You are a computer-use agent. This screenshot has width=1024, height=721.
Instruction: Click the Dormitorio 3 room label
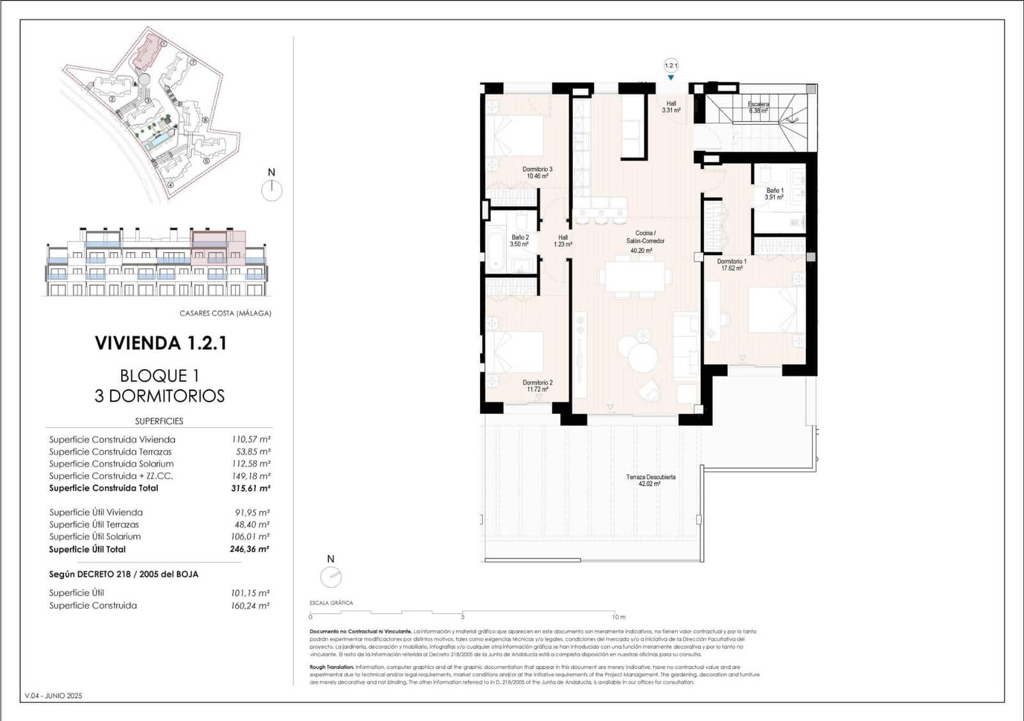[537, 172]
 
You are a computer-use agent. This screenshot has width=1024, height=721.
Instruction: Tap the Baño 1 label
[774, 194]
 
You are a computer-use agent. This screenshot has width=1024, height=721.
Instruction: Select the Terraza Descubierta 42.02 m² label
[650, 480]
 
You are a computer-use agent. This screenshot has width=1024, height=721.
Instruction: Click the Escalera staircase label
[758, 107]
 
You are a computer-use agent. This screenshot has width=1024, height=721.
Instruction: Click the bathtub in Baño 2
[497, 250]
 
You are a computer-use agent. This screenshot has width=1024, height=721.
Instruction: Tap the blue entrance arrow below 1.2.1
[671, 78]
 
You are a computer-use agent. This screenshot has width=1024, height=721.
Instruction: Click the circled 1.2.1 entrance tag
[671, 65]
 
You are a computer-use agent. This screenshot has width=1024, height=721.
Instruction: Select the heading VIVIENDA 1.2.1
[161, 343]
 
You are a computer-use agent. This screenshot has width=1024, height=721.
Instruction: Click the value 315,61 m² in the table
[250, 488]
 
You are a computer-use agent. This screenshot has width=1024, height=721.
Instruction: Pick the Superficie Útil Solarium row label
[95, 537]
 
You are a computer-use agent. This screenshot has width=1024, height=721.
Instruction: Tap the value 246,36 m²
[250, 549]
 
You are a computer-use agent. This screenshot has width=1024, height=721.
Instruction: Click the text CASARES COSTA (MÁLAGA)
[225, 313]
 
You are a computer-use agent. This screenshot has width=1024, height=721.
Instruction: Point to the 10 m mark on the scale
[618, 617]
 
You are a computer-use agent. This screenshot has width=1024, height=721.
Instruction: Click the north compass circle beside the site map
[272, 190]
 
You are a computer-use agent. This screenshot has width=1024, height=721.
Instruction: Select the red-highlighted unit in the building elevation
[218, 248]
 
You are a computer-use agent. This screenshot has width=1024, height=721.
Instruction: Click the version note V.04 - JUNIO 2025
[53, 695]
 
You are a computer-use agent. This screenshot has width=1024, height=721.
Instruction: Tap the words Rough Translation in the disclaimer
[332, 667]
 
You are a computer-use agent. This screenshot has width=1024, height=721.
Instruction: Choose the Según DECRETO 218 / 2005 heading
[124, 574]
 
